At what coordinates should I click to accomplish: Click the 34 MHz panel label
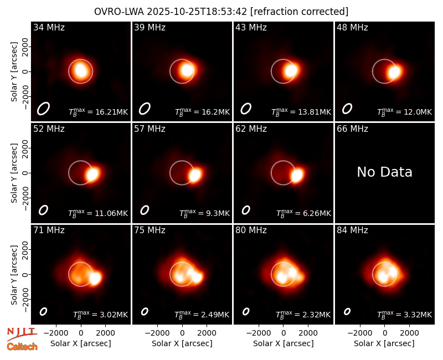49,27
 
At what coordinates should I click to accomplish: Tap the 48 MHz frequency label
352,27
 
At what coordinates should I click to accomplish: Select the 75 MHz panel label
150,230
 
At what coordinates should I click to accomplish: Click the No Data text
384,172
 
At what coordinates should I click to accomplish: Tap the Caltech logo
22,347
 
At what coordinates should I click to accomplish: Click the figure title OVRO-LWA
119,12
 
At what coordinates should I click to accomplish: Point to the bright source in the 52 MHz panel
92,174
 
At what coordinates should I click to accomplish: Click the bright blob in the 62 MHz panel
297,176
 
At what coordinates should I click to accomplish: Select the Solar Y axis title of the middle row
14,173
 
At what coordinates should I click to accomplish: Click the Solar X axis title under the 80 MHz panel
284,343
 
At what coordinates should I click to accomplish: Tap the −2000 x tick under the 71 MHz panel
56,333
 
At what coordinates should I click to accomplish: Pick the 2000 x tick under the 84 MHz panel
409,333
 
